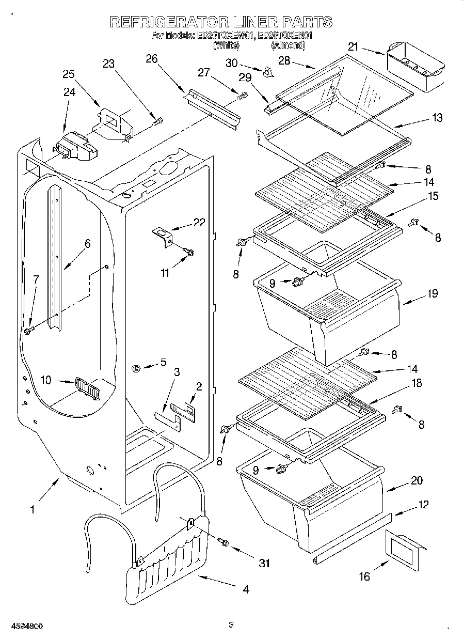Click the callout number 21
[353, 47]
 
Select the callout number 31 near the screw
[264, 563]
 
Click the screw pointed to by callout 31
[223, 542]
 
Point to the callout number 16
[364, 576]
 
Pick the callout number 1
[32, 510]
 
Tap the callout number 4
[246, 588]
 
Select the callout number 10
[46, 380]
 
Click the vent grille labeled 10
[86, 387]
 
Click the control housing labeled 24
[75, 146]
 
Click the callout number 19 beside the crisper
[432, 293]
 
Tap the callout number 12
[423, 505]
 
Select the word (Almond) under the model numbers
[288, 45]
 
